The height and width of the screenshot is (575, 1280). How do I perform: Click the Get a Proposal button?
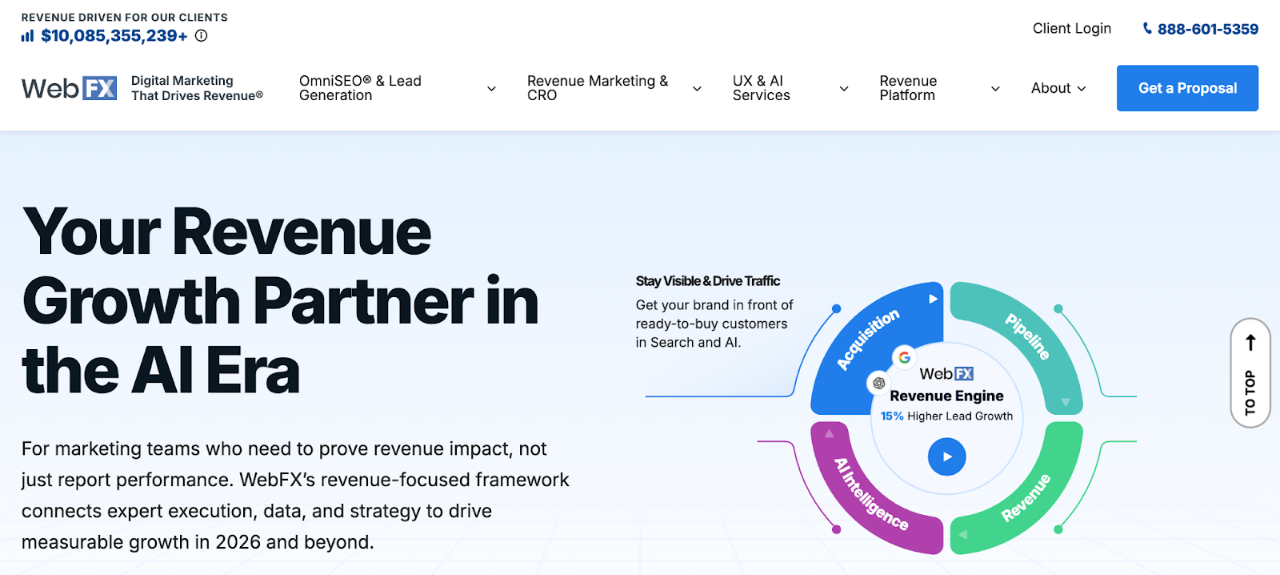coord(1187,88)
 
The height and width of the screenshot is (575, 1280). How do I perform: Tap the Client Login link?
coord(1071,29)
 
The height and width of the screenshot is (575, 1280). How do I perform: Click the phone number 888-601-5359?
coord(1207,30)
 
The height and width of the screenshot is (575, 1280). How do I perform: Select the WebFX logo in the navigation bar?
coord(70,88)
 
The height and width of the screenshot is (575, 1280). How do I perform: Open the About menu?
coord(1058,88)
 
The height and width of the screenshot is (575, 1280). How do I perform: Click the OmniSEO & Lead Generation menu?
coord(397,88)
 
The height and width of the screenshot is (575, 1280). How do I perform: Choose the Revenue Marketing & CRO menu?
coord(614,88)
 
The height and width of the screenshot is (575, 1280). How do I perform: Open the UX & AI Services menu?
coord(790,88)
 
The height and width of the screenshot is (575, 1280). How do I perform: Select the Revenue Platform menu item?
coord(939,88)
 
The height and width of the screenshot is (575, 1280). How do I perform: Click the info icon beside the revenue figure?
coord(202,35)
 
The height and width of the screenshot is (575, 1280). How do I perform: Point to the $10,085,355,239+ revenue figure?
coord(114,36)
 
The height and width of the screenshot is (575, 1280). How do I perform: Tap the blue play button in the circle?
coord(946,456)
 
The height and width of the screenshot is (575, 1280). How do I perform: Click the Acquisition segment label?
coord(868,340)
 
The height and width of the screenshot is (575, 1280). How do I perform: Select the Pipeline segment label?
coord(1027,336)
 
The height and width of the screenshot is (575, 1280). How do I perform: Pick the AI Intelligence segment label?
coord(870,494)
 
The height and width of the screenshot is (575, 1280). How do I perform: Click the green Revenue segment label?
coord(1026,497)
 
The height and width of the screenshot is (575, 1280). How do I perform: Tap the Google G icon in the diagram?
coord(904,357)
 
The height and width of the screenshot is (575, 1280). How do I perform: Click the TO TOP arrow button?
coord(1250,372)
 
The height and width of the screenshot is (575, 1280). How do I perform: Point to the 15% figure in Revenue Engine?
coord(892,416)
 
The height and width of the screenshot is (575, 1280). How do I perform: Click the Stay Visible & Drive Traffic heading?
coord(707,281)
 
